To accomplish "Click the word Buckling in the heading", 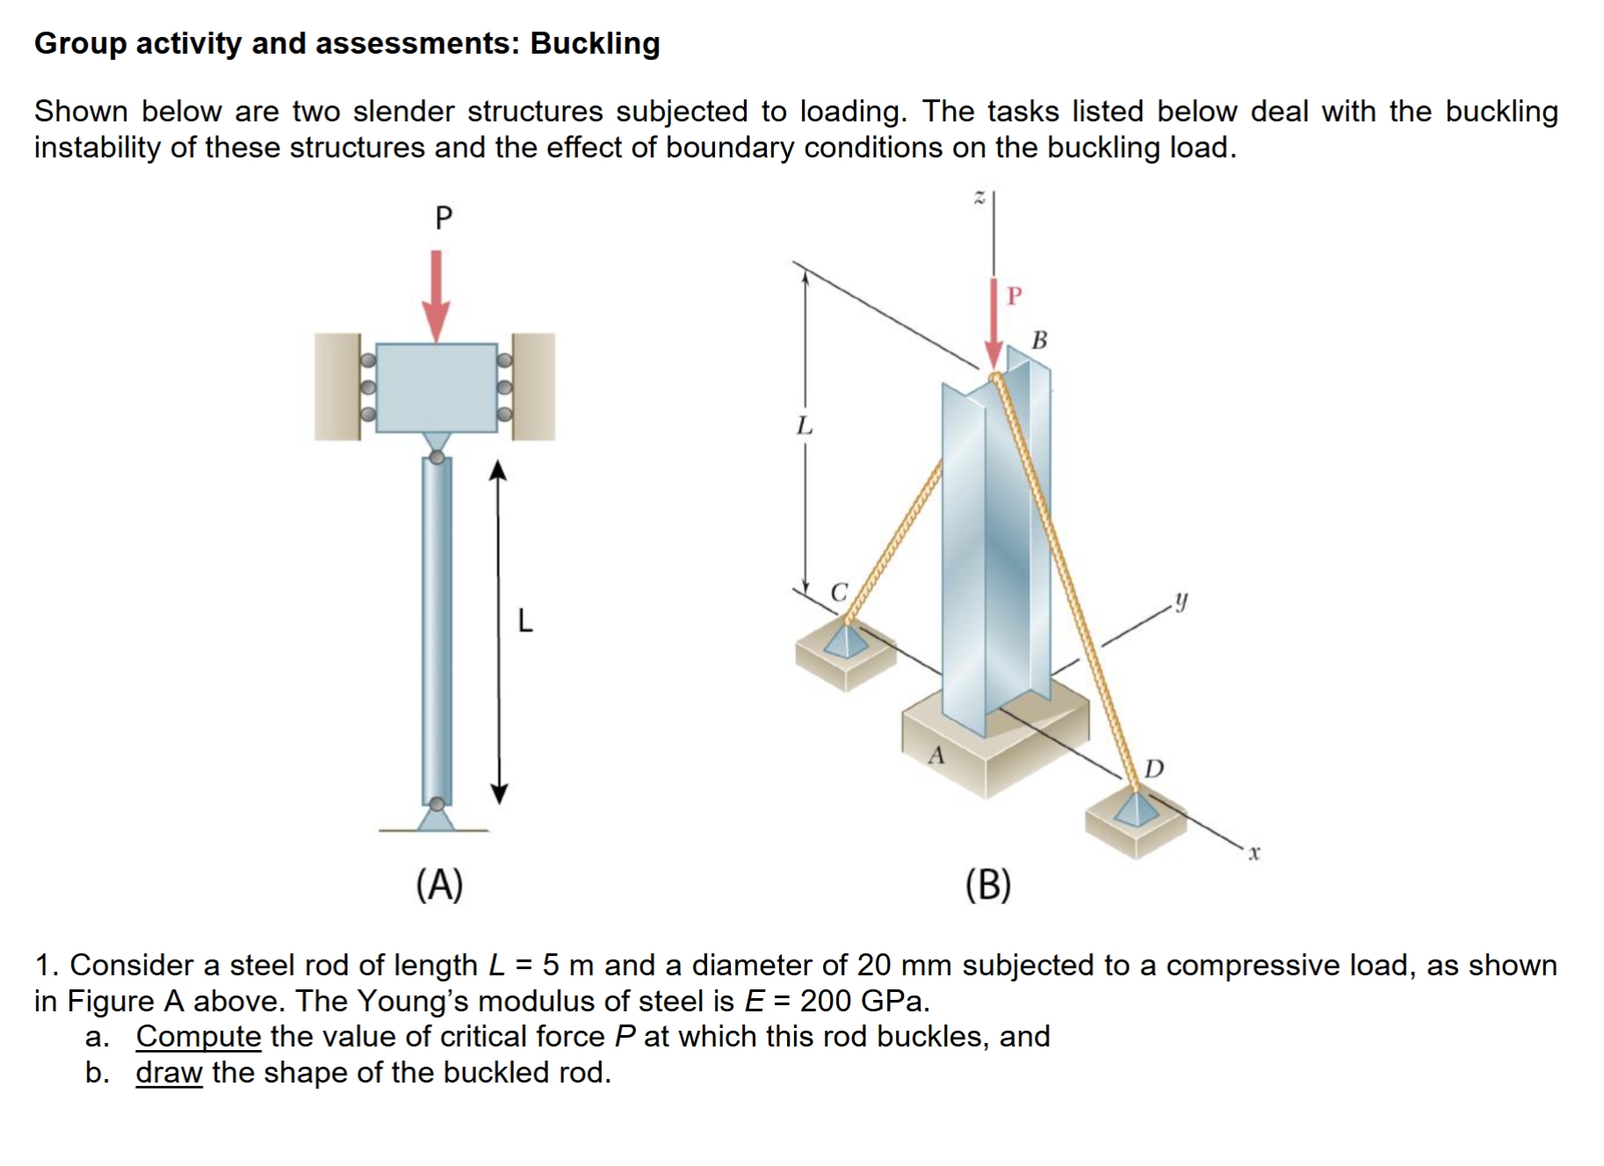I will [x=595, y=43].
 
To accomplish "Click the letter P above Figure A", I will [x=444, y=217].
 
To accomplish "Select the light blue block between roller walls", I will [x=437, y=387].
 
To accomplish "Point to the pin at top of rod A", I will [x=437, y=457].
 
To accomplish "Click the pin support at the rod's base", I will [x=437, y=816].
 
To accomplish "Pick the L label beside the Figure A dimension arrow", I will [x=524, y=621].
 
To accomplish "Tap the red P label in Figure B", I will [x=1015, y=296].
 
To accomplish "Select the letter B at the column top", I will [x=1039, y=340].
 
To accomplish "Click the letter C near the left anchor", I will [x=840, y=592].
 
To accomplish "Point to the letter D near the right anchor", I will [x=1154, y=770].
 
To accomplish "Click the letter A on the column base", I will [x=937, y=756].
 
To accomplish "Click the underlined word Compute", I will [x=199, y=1036].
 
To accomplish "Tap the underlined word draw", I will [x=169, y=1072].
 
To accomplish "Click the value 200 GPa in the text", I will [x=863, y=1001].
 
